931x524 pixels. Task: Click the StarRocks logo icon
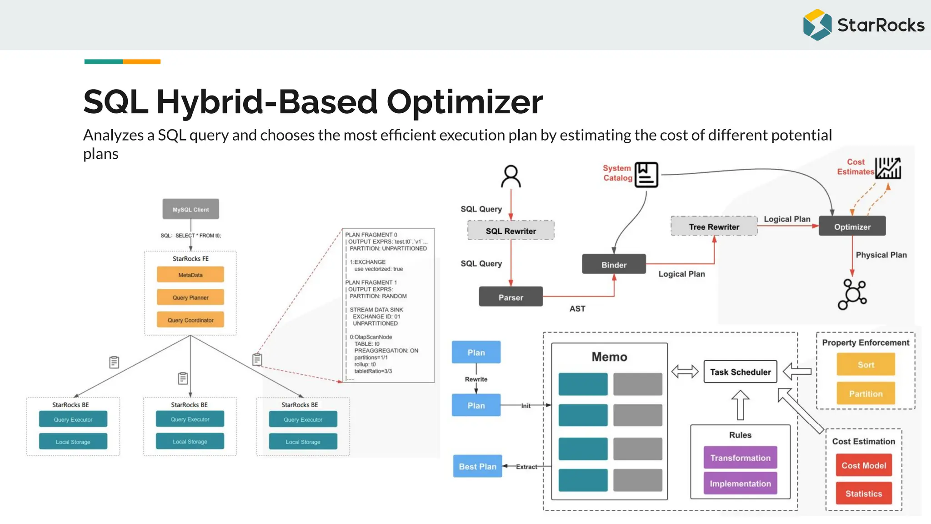pyautogui.click(x=817, y=25)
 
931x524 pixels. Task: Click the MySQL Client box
pyautogui.click(x=190, y=209)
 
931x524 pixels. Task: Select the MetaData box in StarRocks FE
pyautogui.click(x=190, y=275)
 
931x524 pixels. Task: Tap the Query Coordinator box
pyautogui.click(x=190, y=320)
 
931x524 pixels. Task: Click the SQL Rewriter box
pyautogui.click(x=511, y=231)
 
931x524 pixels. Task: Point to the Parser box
pyautogui.click(x=511, y=297)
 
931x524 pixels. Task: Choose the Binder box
pyautogui.click(x=614, y=264)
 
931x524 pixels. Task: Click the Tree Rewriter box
pyautogui.click(x=714, y=227)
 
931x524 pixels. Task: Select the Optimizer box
pyautogui.click(x=852, y=227)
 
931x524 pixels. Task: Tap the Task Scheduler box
pyautogui.click(x=740, y=372)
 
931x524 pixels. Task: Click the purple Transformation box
pyautogui.click(x=740, y=458)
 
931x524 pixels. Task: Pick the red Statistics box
pyautogui.click(x=863, y=494)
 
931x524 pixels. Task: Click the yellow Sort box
pyautogui.click(x=866, y=365)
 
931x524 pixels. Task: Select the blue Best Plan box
pyautogui.click(x=477, y=466)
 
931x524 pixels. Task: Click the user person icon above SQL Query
pyautogui.click(x=511, y=176)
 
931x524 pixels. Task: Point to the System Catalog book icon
pyautogui.click(x=646, y=175)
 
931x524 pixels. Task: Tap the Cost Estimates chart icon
pyautogui.click(x=888, y=168)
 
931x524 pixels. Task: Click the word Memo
pyautogui.click(x=609, y=357)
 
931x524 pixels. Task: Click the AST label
pyautogui.click(x=577, y=308)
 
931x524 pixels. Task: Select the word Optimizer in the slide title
pyautogui.click(x=465, y=102)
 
